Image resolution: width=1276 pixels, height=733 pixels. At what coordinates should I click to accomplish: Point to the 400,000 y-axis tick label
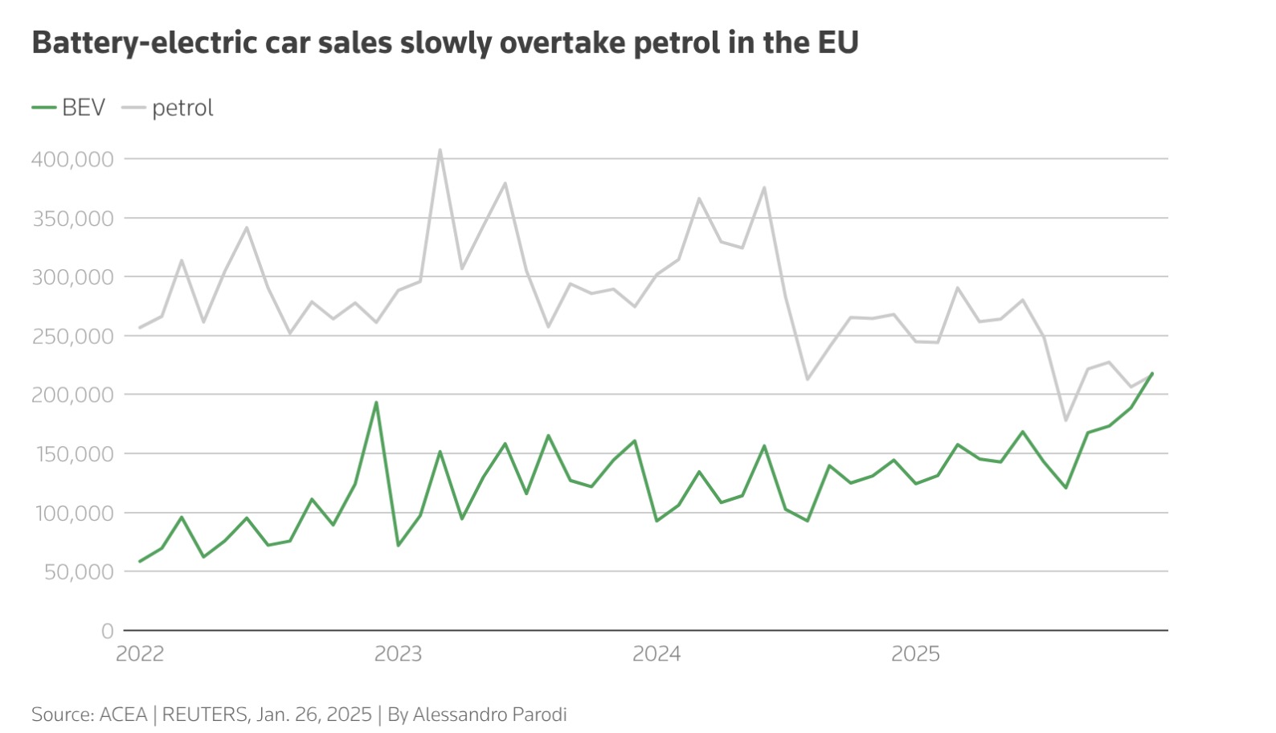(x=72, y=159)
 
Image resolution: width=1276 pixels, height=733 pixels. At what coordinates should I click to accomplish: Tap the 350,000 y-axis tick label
(x=72, y=219)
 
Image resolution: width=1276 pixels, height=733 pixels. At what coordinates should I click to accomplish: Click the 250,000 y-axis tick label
(x=72, y=336)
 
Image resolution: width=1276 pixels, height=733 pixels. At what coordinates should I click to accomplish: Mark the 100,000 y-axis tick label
(x=72, y=513)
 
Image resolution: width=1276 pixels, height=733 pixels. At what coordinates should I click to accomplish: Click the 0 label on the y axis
(x=107, y=631)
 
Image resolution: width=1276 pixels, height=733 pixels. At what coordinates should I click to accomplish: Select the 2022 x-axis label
(x=140, y=653)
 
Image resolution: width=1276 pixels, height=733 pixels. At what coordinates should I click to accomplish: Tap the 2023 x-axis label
(x=398, y=653)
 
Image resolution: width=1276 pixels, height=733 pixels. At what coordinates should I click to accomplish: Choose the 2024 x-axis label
(x=656, y=653)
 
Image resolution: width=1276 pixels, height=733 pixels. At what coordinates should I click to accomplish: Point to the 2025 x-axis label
(x=915, y=653)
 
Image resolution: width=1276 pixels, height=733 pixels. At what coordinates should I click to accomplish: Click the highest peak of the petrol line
(x=440, y=149)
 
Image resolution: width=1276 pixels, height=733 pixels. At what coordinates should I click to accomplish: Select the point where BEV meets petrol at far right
(x=1152, y=373)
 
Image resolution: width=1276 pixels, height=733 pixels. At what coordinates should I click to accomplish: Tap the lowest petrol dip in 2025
(x=1065, y=420)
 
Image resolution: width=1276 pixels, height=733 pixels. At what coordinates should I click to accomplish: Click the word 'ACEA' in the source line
(x=123, y=715)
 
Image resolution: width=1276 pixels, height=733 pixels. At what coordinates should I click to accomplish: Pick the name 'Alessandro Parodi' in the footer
(x=489, y=715)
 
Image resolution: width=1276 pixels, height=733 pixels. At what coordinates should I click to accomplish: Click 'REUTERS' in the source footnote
(x=205, y=715)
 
